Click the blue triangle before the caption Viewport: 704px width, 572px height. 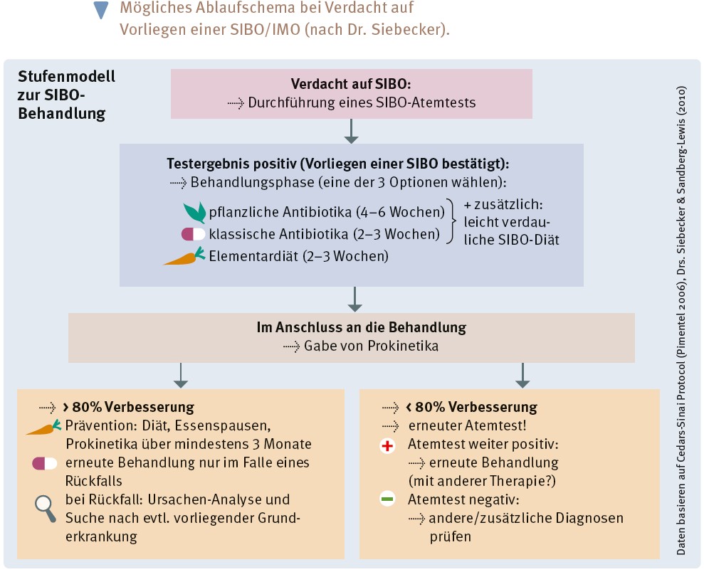[x=103, y=11]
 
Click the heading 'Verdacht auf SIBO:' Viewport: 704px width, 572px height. [x=351, y=84]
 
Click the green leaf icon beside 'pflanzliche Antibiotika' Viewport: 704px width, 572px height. [x=194, y=213]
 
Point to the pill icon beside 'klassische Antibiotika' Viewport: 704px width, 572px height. [x=193, y=234]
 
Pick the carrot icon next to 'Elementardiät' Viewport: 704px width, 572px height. [x=186, y=256]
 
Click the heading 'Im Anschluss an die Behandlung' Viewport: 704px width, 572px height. [x=351, y=328]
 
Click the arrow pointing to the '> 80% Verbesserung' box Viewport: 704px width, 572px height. [x=180, y=376]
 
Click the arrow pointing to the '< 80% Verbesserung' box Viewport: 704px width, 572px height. [x=522, y=376]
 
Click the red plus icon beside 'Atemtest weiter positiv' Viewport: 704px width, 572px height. [x=387, y=446]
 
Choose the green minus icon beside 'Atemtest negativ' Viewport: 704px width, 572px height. [x=387, y=499]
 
